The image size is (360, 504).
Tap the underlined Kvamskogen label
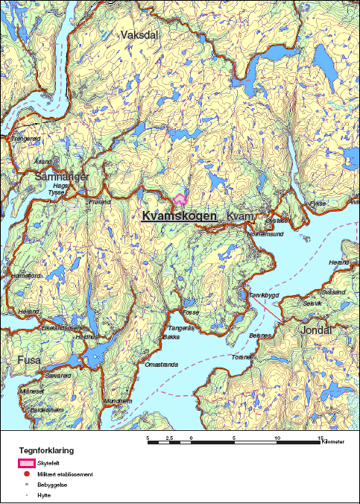pyautogui.click(x=179, y=215)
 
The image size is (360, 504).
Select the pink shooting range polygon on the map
pyautogui.click(x=180, y=199)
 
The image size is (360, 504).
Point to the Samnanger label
pyautogui.click(x=62, y=177)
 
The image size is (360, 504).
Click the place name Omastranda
pyautogui.click(x=161, y=365)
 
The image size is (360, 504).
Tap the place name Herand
pyautogui.click(x=338, y=262)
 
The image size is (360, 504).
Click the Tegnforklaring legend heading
pyautogui.click(x=46, y=450)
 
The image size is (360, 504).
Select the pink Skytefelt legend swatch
pyautogui.click(x=25, y=463)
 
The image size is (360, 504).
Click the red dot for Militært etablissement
pyautogui.click(x=25, y=473)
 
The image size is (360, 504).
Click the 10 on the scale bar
pyautogui.click(x=278, y=438)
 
